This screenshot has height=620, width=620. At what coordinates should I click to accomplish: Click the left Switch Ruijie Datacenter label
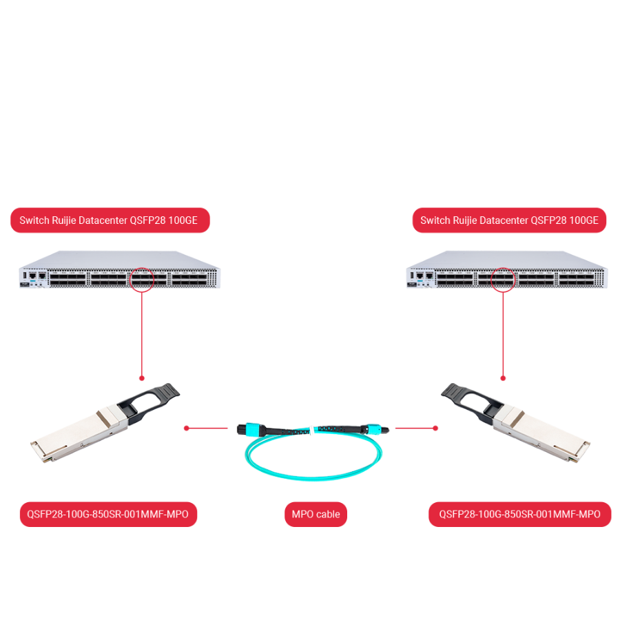[x=110, y=220]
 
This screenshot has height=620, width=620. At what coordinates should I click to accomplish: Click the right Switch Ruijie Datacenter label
[x=509, y=220]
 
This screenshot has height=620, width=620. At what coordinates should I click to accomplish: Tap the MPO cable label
[x=316, y=514]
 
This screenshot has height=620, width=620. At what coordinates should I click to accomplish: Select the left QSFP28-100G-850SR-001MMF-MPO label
[x=108, y=514]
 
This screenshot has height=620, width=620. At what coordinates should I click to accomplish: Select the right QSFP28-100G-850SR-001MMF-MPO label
[x=519, y=514]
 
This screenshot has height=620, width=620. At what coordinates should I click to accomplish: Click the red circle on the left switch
[x=142, y=278]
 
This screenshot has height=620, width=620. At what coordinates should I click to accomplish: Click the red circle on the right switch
[x=503, y=280]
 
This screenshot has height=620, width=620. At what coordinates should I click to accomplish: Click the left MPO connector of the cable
[x=248, y=429]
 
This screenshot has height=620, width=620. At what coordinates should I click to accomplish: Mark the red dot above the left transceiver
[x=142, y=378]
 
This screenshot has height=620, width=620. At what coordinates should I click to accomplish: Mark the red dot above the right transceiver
[x=503, y=378]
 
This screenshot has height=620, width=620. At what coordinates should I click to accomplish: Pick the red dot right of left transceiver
[x=186, y=428]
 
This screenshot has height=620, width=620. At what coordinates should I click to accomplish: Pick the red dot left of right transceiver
[x=435, y=428]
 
